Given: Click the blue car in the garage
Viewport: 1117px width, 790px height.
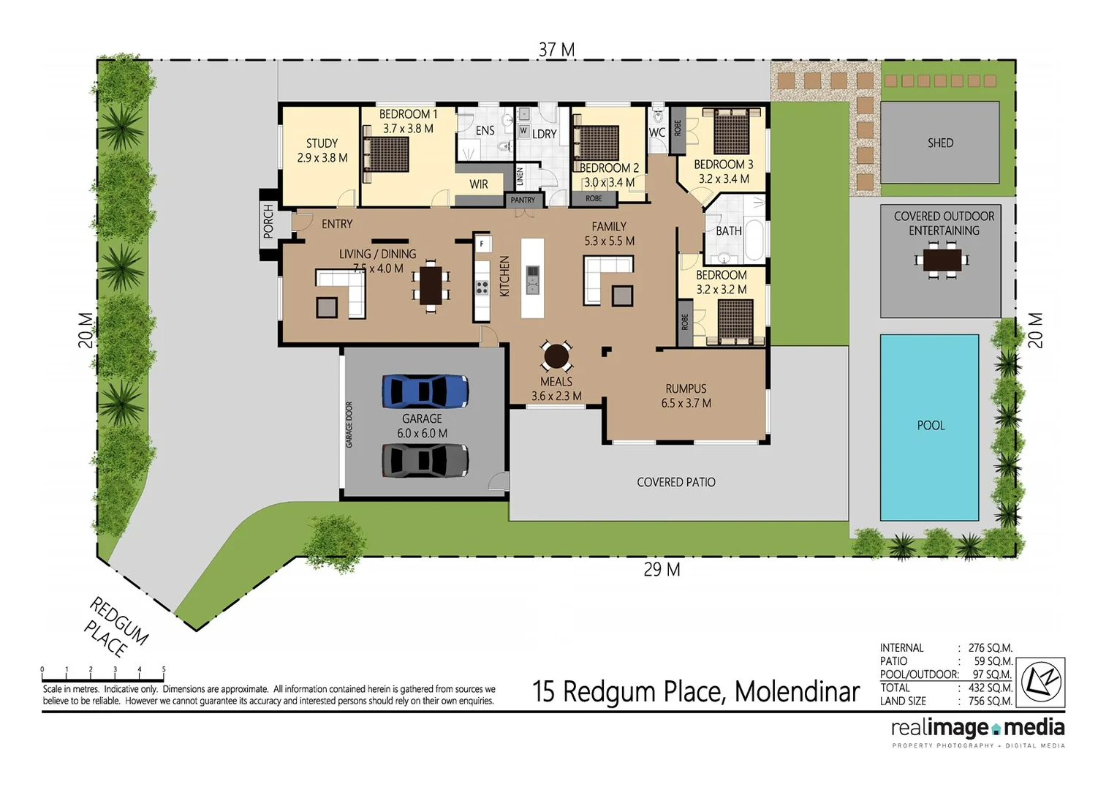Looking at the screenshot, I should pyautogui.click(x=425, y=391).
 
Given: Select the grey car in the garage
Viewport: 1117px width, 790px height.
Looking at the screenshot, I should pyautogui.click(x=425, y=460).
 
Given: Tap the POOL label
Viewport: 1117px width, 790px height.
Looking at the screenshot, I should pyautogui.click(x=931, y=426).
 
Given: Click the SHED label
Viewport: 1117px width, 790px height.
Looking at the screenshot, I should pyautogui.click(x=940, y=143).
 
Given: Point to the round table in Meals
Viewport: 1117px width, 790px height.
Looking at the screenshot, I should pyautogui.click(x=556, y=356).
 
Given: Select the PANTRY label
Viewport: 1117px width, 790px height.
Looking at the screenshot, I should pyautogui.click(x=523, y=200).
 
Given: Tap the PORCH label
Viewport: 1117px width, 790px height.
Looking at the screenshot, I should pyautogui.click(x=268, y=220).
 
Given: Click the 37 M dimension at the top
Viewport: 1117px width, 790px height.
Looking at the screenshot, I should pyautogui.click(x=556, y=50).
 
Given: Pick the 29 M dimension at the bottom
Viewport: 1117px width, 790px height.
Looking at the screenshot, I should pyautogui.click(x=662, y=569).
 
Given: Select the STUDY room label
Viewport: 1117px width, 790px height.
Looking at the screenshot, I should pyautogui.click(x=322, y=150).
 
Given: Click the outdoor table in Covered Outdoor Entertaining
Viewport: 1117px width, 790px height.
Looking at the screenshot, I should pyautogui.click(x=942, y=260).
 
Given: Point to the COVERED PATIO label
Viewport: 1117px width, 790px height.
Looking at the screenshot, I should pyautogui.click(x=675, y=482).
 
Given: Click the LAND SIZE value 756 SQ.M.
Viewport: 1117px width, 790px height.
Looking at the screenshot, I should pyautogui.click(x=990, y=701).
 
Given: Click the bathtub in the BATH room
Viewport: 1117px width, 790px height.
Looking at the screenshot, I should pyautogui.click(x=754, y=241).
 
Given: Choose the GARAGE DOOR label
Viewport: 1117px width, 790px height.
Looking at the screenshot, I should pyautogui.click(x=349, y=425).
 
